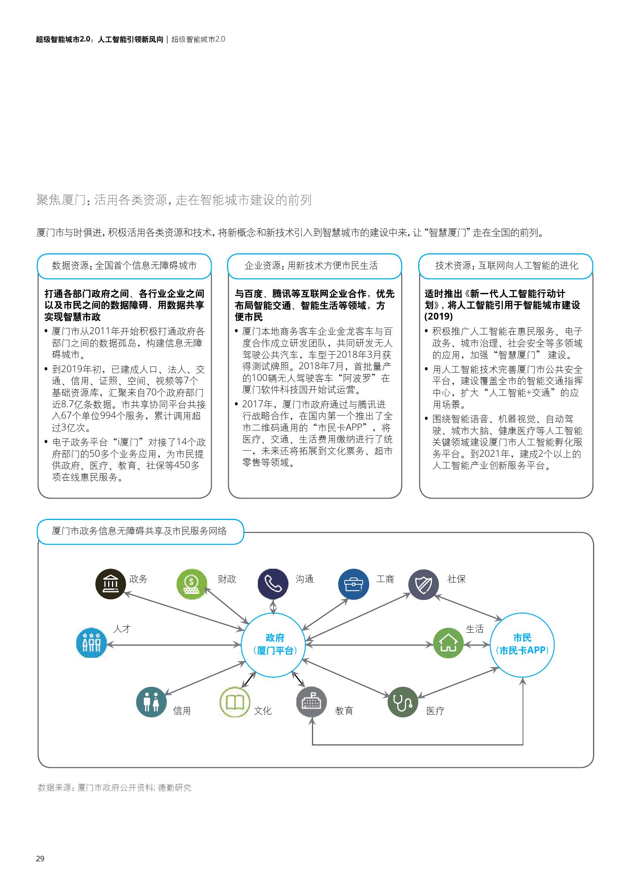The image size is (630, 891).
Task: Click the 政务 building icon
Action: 110,584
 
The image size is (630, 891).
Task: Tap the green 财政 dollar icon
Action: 192,584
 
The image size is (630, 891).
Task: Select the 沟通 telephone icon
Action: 273,584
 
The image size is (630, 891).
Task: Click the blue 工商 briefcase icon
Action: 353,584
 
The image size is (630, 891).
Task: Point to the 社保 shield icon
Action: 424,584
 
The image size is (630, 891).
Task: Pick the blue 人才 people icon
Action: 91,643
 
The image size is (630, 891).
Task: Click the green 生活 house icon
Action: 448,643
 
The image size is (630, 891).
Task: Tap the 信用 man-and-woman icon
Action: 151,702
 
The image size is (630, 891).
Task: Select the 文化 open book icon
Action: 235,702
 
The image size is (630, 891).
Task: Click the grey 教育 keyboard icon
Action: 311,702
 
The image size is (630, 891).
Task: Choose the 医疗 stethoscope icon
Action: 403,702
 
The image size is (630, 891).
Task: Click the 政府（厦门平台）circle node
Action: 275,645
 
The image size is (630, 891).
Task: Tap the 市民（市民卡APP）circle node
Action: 522,645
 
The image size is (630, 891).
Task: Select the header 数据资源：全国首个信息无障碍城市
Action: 124,266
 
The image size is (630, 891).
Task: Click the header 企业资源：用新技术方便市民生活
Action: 314,266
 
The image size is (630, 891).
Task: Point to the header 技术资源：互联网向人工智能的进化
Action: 506,266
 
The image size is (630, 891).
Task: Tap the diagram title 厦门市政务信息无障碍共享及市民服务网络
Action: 140,531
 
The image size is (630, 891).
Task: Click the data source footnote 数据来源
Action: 114,784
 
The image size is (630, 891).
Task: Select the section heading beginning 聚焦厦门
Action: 174,200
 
